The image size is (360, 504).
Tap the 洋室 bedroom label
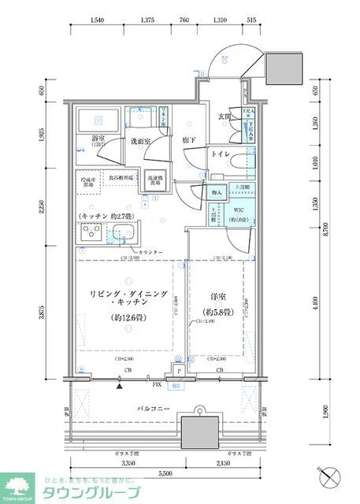coord(215,303)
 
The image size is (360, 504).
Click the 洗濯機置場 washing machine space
coord(154,180)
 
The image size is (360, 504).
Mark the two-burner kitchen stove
coord(89,233)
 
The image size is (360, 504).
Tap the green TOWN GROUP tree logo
coord(18,486)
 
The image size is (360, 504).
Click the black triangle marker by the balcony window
coord(119,386)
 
